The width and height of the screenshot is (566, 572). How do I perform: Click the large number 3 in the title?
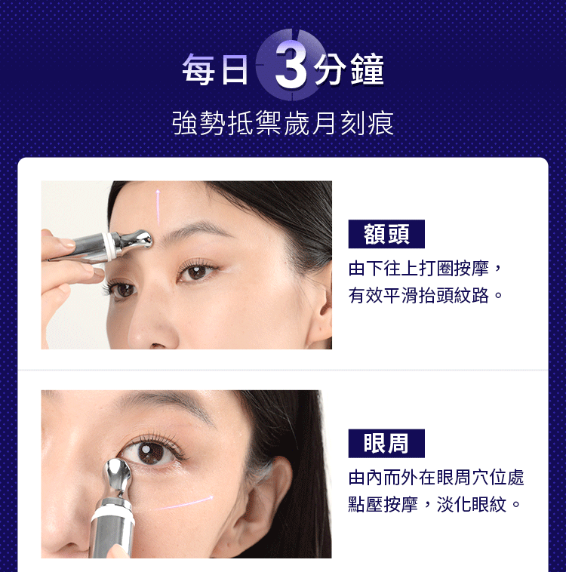[x=291, y=66]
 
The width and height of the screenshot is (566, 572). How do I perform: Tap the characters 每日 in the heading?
[x=215, y=69]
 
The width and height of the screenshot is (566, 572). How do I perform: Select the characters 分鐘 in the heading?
[x=349, y=69]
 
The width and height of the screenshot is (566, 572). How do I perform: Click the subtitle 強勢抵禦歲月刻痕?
[x=283, y=123]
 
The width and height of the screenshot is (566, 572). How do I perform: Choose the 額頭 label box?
[x=386, y=234]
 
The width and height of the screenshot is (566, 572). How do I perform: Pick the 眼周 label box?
[x=386, y=443]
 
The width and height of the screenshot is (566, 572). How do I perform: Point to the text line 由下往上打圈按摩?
[x=419, y=269]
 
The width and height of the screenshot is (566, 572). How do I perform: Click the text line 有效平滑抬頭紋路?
[x=419, y=295]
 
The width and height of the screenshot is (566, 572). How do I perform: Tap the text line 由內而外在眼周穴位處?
[x=436, y=478]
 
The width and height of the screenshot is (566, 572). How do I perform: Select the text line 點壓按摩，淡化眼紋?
[x=427, y=505]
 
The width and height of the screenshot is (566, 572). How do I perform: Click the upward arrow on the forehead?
[x=158, y=207]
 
